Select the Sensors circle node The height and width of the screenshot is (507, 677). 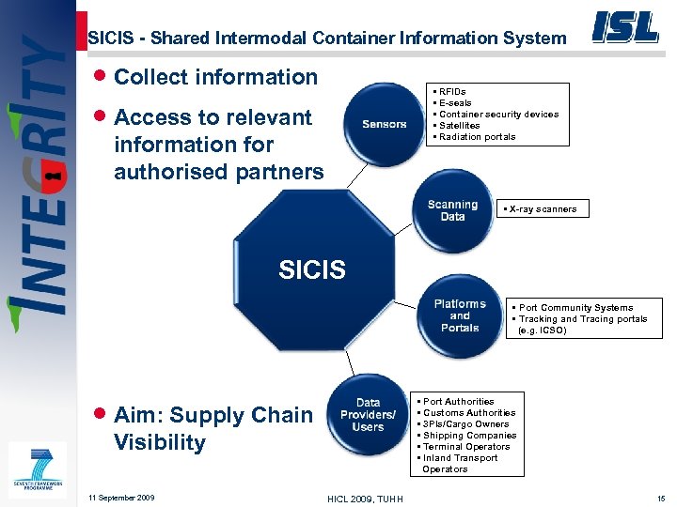tap(385, 124)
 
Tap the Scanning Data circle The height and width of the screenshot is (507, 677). tap(452, 210)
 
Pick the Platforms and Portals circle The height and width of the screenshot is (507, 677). tap(459, 315)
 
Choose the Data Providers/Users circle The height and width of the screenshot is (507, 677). tap(368, 415)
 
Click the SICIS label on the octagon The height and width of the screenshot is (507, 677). tap(312, 270)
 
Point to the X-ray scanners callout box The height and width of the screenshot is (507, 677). tap(544, 208)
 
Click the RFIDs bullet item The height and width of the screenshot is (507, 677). tap(452, 91)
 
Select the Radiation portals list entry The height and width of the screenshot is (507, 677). tap(476, 137)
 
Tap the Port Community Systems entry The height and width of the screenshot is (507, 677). tap(575, 307)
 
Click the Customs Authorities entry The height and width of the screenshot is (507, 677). tap(469, 413)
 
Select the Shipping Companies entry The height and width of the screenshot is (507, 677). tap(469, 436)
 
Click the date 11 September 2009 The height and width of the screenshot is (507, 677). tap(120, 497)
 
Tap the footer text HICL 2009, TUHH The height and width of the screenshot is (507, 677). tap(365, 498)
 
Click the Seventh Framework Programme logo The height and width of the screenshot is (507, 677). tap(38, 468)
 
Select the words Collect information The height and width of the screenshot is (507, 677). tap(215, 77)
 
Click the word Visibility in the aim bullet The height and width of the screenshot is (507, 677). tap(160, 442)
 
